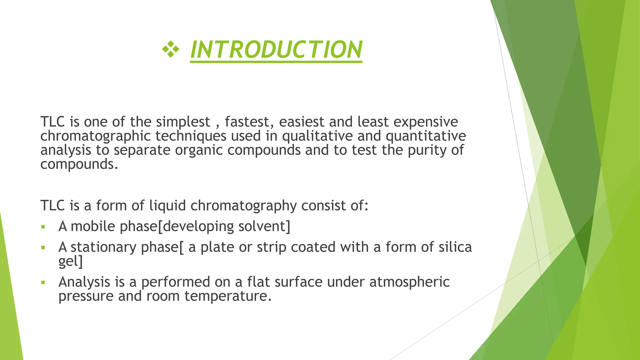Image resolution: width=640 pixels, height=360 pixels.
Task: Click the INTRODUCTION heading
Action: pos(276,49)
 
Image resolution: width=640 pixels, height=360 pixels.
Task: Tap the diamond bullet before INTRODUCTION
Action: pos(171,49)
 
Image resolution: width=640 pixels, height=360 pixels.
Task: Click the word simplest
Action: pos(183,122)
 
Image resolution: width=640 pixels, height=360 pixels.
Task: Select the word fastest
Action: pos(249,122)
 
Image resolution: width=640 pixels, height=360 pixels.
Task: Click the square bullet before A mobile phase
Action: pos(43,227)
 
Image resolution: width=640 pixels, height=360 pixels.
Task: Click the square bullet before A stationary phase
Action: pos(43,248)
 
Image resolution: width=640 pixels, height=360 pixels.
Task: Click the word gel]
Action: pos(71,261)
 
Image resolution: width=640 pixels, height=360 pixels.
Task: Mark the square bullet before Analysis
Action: pos(43,282)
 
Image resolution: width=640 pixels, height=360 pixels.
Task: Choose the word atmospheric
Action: pos(409,282)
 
